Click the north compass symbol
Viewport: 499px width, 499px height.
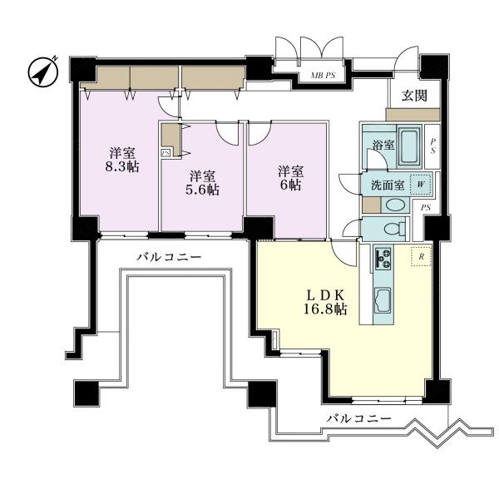(43, 72)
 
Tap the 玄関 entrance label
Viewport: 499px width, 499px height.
(414, 96)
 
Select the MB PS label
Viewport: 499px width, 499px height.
(323, 76)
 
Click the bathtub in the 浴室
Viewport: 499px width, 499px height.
(409, 147)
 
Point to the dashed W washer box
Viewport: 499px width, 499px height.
(420, 185)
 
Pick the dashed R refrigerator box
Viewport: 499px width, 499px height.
(421, 257)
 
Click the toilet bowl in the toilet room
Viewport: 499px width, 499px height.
(394, 228)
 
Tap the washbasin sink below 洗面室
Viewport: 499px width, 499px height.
(395, 205)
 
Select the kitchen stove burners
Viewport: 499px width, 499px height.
(383, 259)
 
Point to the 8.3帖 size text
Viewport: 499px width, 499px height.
(122, 167)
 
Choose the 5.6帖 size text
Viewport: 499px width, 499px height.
(202, 190)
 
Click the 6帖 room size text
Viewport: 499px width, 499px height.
(290, 185)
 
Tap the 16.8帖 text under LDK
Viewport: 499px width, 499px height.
(325, 309)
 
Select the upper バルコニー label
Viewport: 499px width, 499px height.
(169, 257)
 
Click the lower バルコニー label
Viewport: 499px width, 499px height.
(359, 417)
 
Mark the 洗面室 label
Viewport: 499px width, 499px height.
(388, 185)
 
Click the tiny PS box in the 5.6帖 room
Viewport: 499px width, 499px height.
(166, 153)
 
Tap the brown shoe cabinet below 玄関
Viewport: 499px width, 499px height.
(413, 115)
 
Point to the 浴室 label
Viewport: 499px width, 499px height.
(383, 145)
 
